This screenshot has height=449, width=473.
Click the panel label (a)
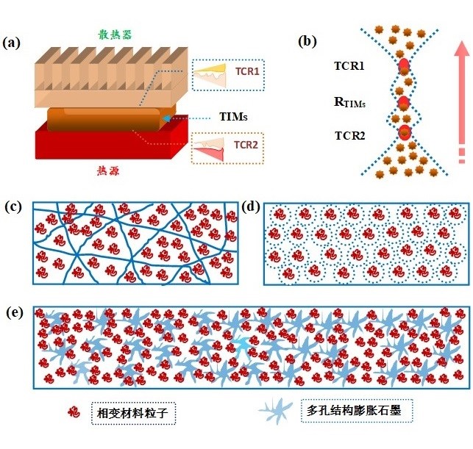pyautogui.click(x=12, y=43)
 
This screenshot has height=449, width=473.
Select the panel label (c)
pyautogui.click(x=12, y=206)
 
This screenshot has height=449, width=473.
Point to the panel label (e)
pyautogui.click(x=12, y=313)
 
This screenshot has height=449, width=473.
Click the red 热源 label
pyautogui.click(x=107, y=170)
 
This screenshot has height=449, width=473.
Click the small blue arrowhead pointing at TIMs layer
pyautogui.click(x=168, y=118)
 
